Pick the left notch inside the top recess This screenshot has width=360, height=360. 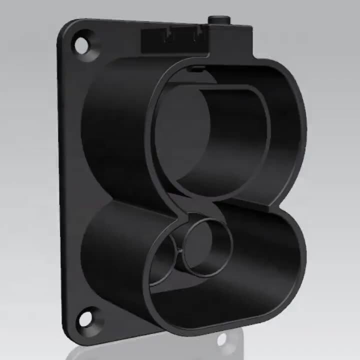168,36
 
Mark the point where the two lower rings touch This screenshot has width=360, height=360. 181,250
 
